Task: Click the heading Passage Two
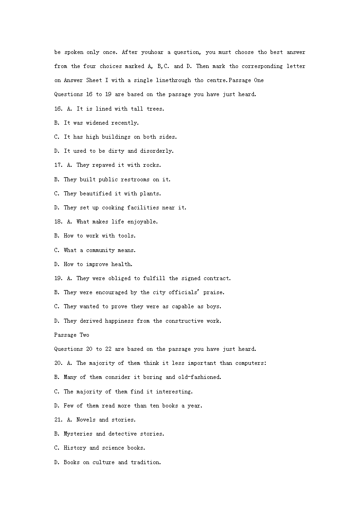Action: pyautogui.click(x=72, y=335)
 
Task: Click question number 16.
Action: pyautogui.click(x=58, y=109)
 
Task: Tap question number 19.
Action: pyautogui.click(x=58, y=278)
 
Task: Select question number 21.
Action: pyautogui.click(x=58, y=420)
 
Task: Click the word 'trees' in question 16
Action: pyautogui.click(x=155, y=109)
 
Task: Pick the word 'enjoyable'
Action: pyautogui.click(x=143, y=222)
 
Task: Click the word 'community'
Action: pyautogui.click(x=101, y=250)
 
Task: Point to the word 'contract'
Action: pyautogui.click(x=217, y=278)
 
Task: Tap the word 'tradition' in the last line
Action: pyautogui.click(x=145, y=462)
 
